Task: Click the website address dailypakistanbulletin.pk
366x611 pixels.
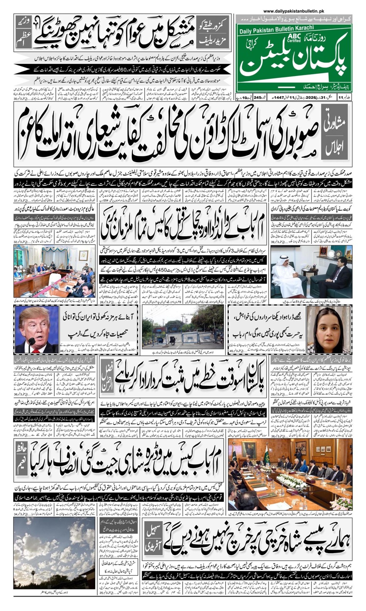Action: (x=294, y=12)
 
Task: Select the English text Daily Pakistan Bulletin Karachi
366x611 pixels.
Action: (x=276, y=28)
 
